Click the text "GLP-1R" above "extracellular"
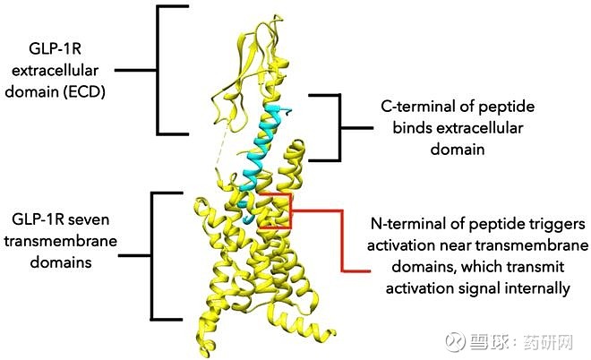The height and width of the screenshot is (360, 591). (x=55, y=49)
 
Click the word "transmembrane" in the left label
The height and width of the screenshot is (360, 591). (x=61, y=241)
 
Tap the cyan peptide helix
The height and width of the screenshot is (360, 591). (x=260, y=159)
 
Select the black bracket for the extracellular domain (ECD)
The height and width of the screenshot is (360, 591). (x=158, y=70)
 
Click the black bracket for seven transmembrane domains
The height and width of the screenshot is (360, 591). (x=151, y=256)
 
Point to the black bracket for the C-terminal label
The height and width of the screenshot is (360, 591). (x=340, y=128)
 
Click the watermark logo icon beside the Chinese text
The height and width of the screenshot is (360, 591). (x=455, y=342)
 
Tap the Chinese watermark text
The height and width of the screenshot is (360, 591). (x=521, y=342)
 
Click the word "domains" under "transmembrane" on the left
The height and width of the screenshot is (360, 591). (x=61, y=262)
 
